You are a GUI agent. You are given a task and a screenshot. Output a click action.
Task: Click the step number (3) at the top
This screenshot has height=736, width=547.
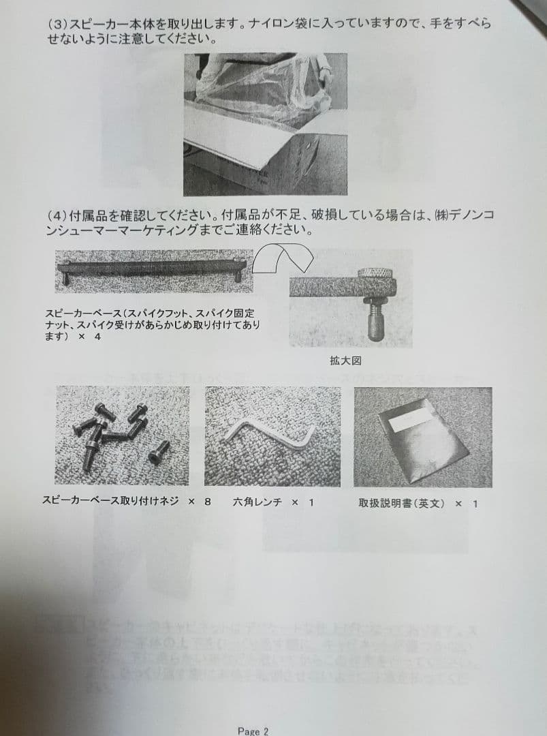[57, 24]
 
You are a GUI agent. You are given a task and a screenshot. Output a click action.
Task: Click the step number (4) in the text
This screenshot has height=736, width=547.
[57, 215]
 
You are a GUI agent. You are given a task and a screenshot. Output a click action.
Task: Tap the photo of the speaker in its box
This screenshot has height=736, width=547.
[265, 124]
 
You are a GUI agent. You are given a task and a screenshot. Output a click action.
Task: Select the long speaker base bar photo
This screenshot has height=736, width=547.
[154, 268]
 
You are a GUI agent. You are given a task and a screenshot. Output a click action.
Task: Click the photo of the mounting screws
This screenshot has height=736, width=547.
[122, 435]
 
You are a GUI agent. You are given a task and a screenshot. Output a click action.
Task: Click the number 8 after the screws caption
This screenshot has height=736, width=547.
[208, 501]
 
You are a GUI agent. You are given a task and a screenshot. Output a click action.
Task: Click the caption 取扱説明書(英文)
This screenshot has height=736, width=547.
[401, 503]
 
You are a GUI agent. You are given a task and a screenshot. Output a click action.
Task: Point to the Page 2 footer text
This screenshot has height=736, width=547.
[253, 731]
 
